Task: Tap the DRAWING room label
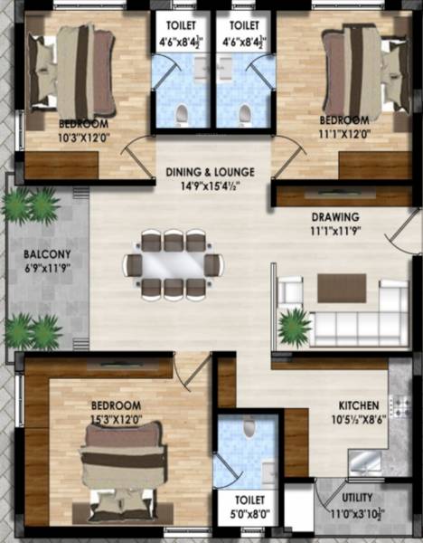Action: (x=335, y=217)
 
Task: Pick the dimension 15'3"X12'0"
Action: (x=115, y=418)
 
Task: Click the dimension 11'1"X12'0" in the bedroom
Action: (x=343, y=133)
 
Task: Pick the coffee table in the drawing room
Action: (x=342, y=288)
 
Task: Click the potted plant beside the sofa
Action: (x=294, y=326)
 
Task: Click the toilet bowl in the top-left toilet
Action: (x=181, y=113)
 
